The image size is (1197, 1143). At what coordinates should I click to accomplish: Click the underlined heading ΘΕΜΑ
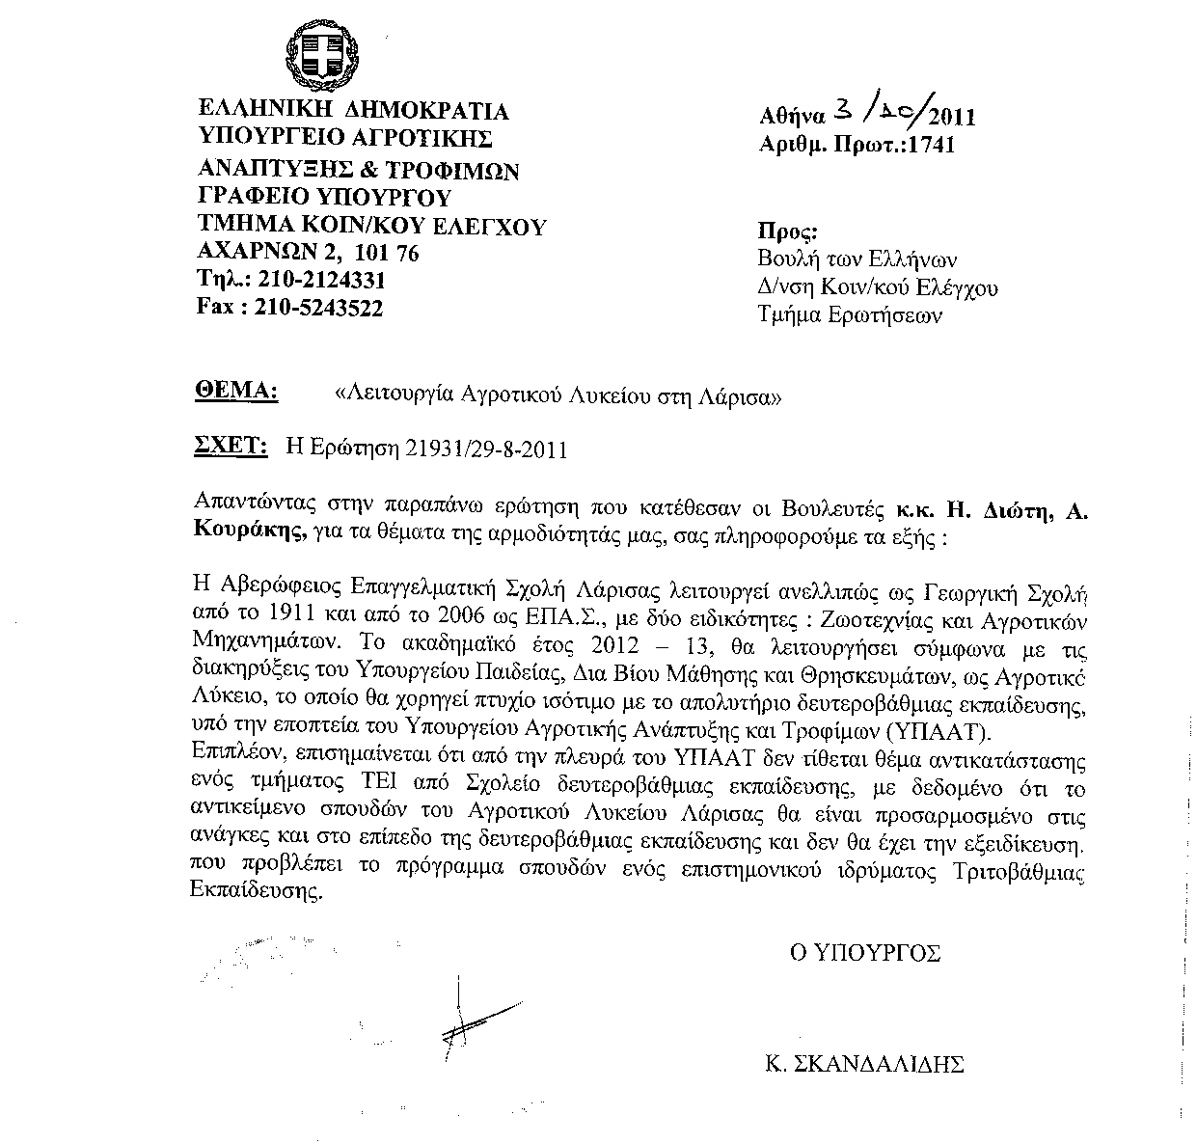click(235, 391)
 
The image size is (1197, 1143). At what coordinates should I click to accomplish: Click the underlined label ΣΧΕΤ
click(231, 447)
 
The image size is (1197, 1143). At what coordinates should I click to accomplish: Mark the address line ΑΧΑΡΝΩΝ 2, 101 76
click(308, 254)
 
